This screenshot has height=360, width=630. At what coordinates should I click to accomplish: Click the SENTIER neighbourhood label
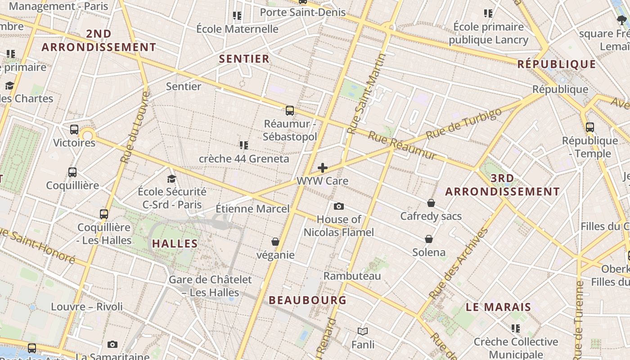coord(244,58)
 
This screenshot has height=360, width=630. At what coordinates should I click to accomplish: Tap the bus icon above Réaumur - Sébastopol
coord(290,110)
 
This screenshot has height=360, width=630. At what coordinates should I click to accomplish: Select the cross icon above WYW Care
coord(323,168)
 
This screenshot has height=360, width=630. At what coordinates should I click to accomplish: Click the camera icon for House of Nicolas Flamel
coord(339,206)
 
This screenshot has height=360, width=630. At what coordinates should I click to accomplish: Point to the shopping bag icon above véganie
coord(275,242)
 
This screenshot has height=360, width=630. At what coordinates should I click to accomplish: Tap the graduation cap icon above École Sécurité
coord(171,179)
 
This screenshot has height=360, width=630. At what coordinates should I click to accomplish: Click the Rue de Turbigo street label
coord(463,124)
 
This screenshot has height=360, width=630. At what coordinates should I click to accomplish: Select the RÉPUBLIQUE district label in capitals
coord(556,64)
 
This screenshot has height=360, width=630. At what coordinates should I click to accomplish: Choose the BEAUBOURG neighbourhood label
coord(307,300)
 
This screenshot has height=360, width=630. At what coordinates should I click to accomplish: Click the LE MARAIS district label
coord(498,307)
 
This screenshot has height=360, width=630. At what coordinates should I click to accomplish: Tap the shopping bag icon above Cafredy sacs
coord(431,203)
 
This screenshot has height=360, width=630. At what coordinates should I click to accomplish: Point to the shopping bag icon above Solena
coord(429,239)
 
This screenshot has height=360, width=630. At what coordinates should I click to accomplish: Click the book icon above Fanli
coord(363,332)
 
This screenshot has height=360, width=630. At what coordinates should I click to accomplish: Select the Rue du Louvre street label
coord(135,127)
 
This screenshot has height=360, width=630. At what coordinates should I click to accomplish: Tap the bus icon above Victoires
coord(74,130)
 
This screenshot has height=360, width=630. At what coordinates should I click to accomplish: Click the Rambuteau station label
coord(352,276)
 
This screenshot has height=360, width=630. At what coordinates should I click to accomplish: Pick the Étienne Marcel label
coord(252,209)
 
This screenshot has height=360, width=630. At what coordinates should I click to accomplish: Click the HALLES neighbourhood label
coord(175,243)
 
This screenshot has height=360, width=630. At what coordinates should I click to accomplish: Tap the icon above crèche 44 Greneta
coord(244,145)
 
